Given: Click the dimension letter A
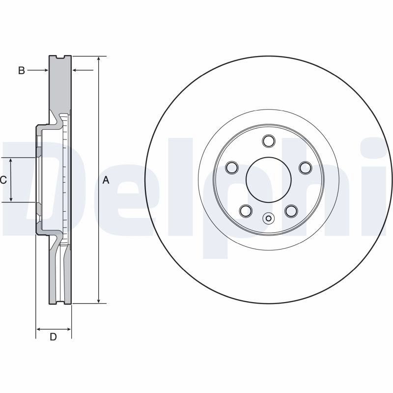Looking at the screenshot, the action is (106, 180).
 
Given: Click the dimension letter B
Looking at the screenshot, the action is (22, 70).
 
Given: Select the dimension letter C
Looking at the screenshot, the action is (3, 180).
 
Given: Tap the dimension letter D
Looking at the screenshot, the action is (53, 337).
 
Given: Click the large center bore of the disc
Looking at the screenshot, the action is (268, 180).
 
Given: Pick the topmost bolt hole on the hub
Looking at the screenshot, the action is (268, 141).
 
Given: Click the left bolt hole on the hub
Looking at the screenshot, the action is (232, 168).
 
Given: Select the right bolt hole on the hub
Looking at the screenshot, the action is (306, 168).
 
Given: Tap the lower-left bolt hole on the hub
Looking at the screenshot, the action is (246, 211).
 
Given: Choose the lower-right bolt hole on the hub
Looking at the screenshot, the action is (291, 211).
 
